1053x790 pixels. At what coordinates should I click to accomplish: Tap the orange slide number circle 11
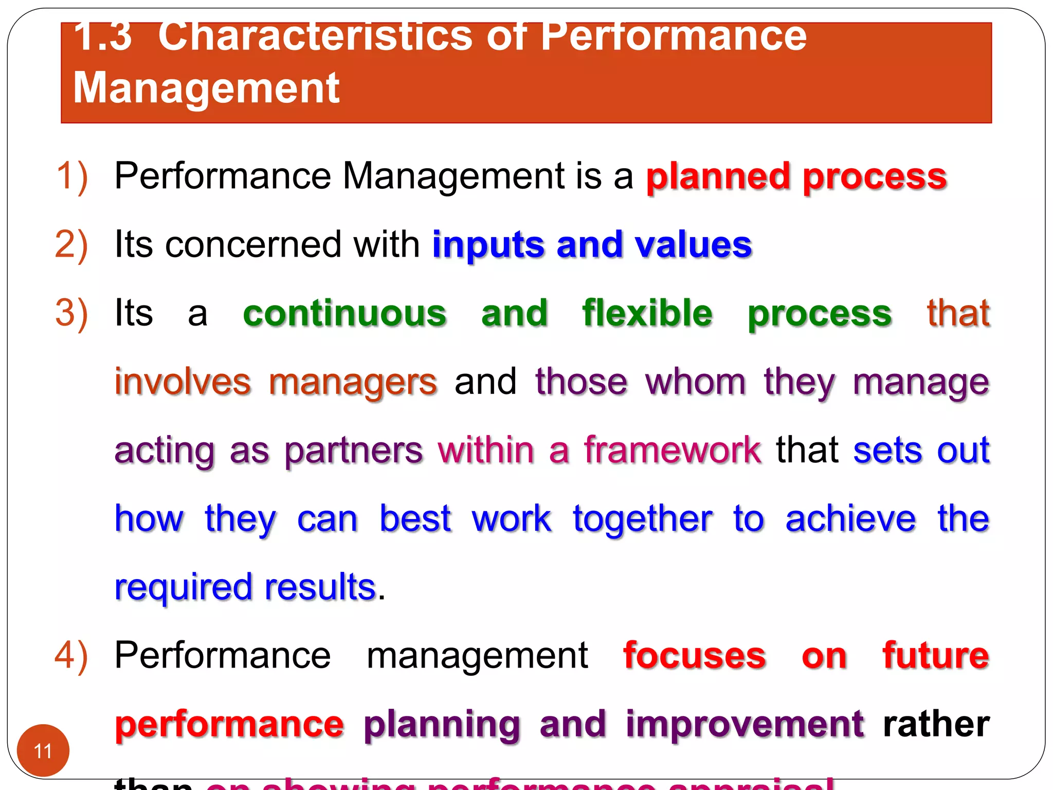point(43,750)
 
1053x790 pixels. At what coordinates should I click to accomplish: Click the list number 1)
point(71,176)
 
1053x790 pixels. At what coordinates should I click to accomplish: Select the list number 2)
point(71,245)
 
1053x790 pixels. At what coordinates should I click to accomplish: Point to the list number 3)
point(71,313)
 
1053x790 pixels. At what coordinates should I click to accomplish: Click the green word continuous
point(344,313)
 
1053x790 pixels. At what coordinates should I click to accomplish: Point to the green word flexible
point(647,313)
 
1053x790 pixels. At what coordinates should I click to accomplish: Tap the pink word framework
point(672,450)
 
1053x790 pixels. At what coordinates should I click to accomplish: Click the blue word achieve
point(850,518)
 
